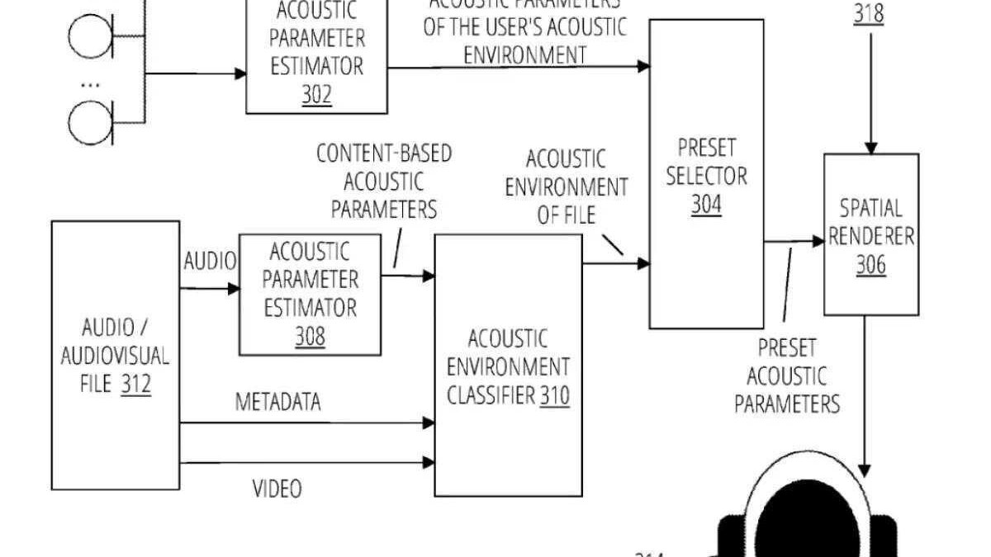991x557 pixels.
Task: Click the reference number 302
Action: pos(316,94)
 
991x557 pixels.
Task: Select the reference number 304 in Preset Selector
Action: pos(706,203)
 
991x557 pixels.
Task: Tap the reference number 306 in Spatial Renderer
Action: pos(870,265)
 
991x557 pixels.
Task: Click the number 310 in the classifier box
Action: pos(555,397)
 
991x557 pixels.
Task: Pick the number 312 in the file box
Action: pos(135,385)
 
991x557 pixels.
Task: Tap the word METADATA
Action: pos(278,403)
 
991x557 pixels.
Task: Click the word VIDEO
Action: pos(277,489)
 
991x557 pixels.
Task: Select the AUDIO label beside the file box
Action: pos(209,262)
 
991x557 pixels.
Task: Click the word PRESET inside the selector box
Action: pos(707,148)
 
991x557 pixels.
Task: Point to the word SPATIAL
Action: pos(870,207)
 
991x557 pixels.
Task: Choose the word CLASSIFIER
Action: pos(491,397)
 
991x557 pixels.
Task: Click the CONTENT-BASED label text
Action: pos(385,153)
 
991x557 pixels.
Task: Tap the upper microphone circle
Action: pos(86,37)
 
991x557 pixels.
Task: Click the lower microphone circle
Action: pos(86,122)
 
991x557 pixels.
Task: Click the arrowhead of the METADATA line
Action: pos(429,423)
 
